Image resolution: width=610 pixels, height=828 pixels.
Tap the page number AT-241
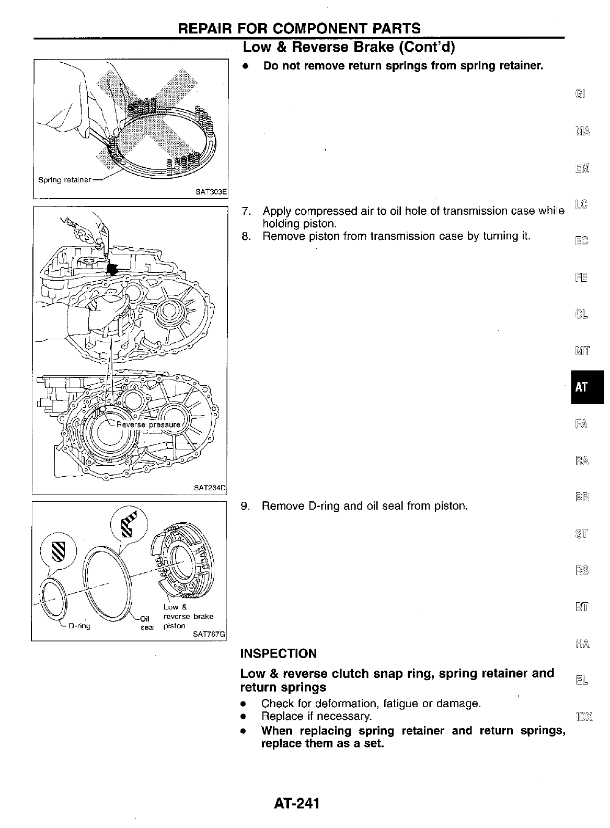click(x=295, y=802)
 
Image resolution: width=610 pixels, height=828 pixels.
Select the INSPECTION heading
click(x=278, y=653)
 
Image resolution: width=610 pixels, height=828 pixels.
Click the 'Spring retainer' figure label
click(x=65, y=180)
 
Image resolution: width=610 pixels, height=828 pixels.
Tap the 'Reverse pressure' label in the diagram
click(x=147, y=424)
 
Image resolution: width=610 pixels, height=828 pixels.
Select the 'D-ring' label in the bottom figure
click(x=79, y=626)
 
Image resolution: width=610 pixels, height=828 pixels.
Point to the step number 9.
click(x=245, y=506)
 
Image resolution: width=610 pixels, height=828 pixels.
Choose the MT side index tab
click(x=581, y=351)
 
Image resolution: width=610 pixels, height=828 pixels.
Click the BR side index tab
click(x=581, y=497)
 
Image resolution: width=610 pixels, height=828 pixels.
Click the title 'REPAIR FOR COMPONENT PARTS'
click(x=299, y=28)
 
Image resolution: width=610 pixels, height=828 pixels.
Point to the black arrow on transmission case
click(x=111, y=268)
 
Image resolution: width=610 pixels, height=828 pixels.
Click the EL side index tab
click(x=581, y=680)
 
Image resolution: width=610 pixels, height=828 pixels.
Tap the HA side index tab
click(x=581, y=643)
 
